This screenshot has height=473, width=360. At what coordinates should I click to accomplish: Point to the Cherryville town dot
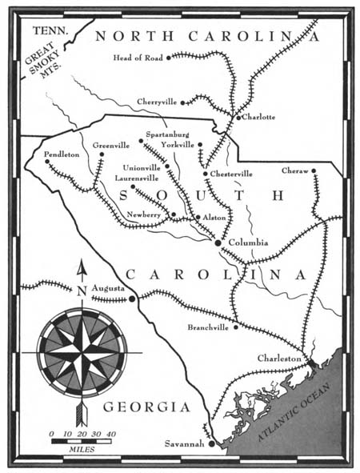coord(184,102)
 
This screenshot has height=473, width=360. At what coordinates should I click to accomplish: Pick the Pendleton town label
coord(62,154)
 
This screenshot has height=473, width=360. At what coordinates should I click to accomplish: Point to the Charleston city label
coord(281,359)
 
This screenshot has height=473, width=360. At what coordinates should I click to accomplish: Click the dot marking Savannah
coord(211,444)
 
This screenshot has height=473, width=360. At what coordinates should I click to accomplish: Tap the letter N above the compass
coord(81,291)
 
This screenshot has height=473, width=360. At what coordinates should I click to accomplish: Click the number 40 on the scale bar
coord(111,433)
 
